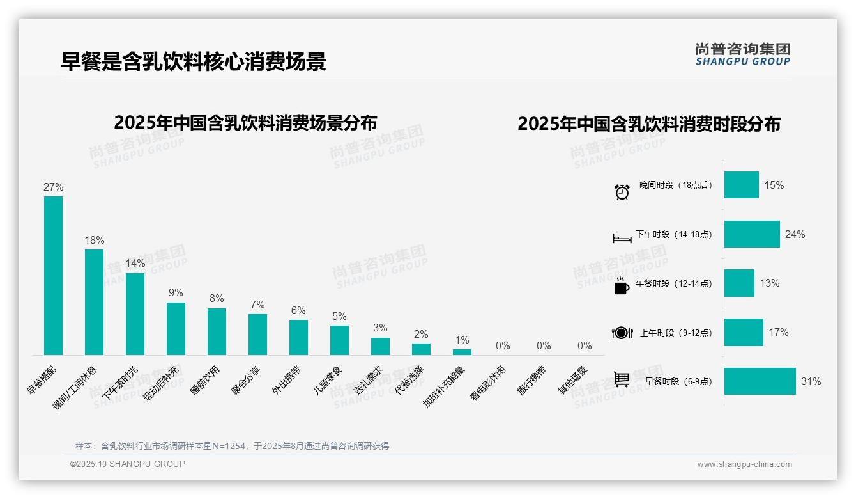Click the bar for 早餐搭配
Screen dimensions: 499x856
[x=53, y=275]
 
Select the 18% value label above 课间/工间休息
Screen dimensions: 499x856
[x=95, y=241]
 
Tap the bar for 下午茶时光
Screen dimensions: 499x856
[x=135, y=313]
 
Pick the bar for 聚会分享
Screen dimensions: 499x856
[x=257, y=334]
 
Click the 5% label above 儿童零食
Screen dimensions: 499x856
[x=339, y=317]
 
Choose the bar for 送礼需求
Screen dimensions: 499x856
[x=380, y=346]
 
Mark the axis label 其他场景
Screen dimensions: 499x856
[x=572, y=381]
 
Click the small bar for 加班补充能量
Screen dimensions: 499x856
[x=462, y=352]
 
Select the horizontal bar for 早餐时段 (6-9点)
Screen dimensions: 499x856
[x=760, y=381]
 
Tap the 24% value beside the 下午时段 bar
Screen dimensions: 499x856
[x=795, y=235]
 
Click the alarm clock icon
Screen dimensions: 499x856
[x=622, y=191]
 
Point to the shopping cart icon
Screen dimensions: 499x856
[x=622, y=379]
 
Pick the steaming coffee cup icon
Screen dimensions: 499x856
[x=622, y=285]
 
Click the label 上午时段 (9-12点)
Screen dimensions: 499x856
[x=675, y=333]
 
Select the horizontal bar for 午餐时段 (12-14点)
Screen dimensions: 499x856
[x=739, y=283]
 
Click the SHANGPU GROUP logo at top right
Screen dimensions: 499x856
[x=742, y=54]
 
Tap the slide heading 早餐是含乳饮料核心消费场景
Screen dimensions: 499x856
[x=194, y=61]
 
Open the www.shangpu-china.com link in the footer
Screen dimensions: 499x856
[x=744, y=464]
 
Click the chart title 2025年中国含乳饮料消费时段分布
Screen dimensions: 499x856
[x=649, y=124]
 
